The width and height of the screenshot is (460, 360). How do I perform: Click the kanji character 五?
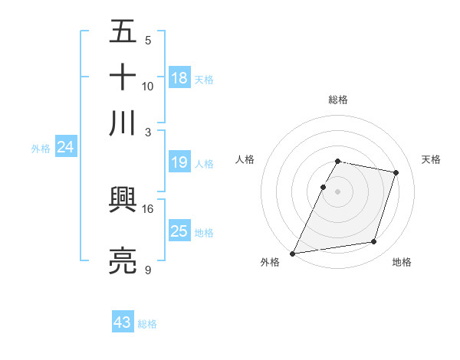(x=123, y=33)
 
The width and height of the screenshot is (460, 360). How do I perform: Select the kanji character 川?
(x=123, y=122)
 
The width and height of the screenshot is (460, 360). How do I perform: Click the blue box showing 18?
(x=179, y=77)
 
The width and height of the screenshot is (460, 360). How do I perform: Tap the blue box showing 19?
(x=179, y=162)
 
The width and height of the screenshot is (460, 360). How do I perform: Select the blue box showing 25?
(x=179, y=231)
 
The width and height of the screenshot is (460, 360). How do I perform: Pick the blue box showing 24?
(x=65, y=147)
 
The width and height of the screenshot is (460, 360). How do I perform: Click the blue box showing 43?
(x=123, y=322)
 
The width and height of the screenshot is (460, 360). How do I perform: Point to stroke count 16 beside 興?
(x=148, y=208)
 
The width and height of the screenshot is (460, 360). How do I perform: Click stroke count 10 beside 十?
(x=148, y=86)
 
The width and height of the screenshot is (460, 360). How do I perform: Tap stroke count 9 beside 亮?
(x=148, y=270)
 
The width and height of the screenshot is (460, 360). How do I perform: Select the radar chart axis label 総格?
(x=338, y=100)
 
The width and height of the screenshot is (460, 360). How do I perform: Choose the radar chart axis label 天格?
(x=431, y=159)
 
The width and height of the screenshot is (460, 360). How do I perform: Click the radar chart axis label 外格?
(x=270, y=262)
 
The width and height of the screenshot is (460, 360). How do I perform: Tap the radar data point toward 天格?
(x=396, y=173)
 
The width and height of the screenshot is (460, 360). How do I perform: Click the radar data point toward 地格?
(x=374, y=242)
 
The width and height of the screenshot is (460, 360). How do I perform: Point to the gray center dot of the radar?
(x=338, y=191)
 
